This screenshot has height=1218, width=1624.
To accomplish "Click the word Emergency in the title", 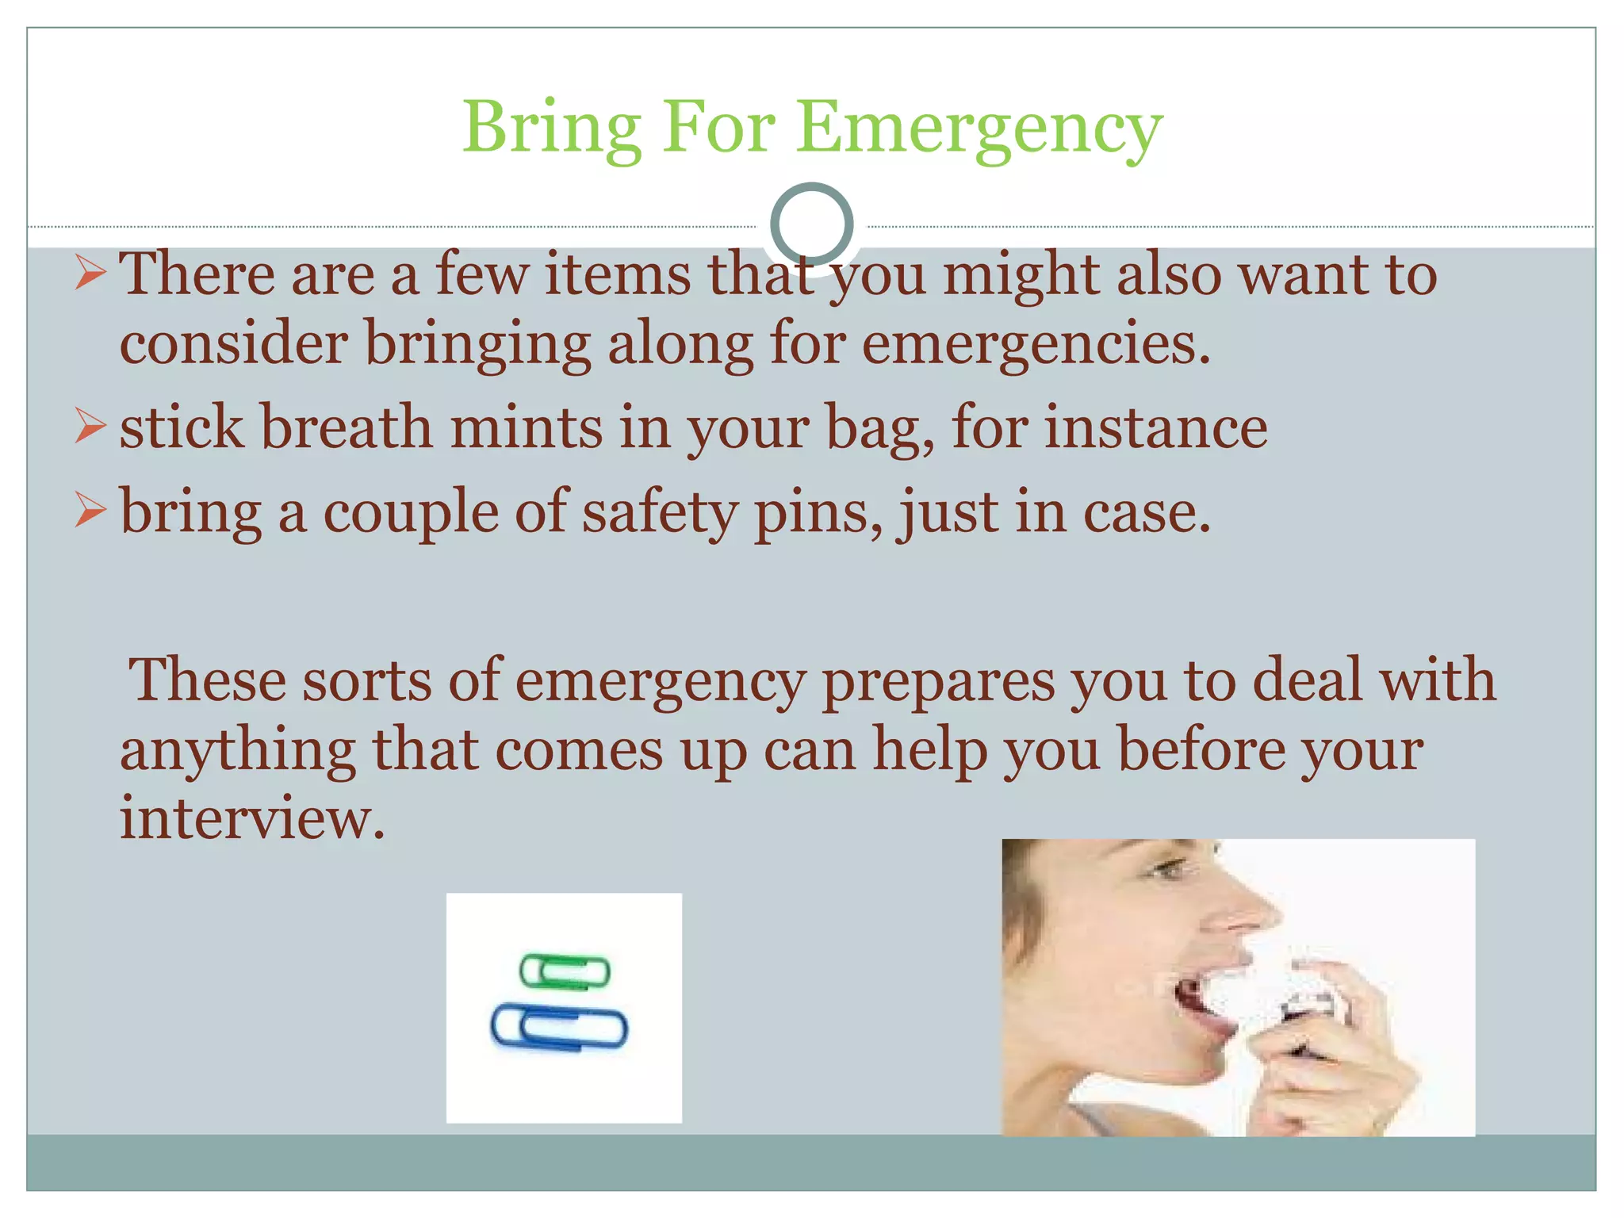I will point(979,128).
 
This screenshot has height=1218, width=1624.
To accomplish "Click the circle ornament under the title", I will point(811,224).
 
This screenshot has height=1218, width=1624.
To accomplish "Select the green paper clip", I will point(565,971).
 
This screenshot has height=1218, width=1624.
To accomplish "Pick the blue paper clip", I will point(559,1028).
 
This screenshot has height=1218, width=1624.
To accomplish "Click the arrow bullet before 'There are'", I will point(90,274).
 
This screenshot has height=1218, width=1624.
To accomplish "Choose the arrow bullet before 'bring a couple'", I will point(90,510).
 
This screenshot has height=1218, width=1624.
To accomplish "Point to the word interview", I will point(252,818).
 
